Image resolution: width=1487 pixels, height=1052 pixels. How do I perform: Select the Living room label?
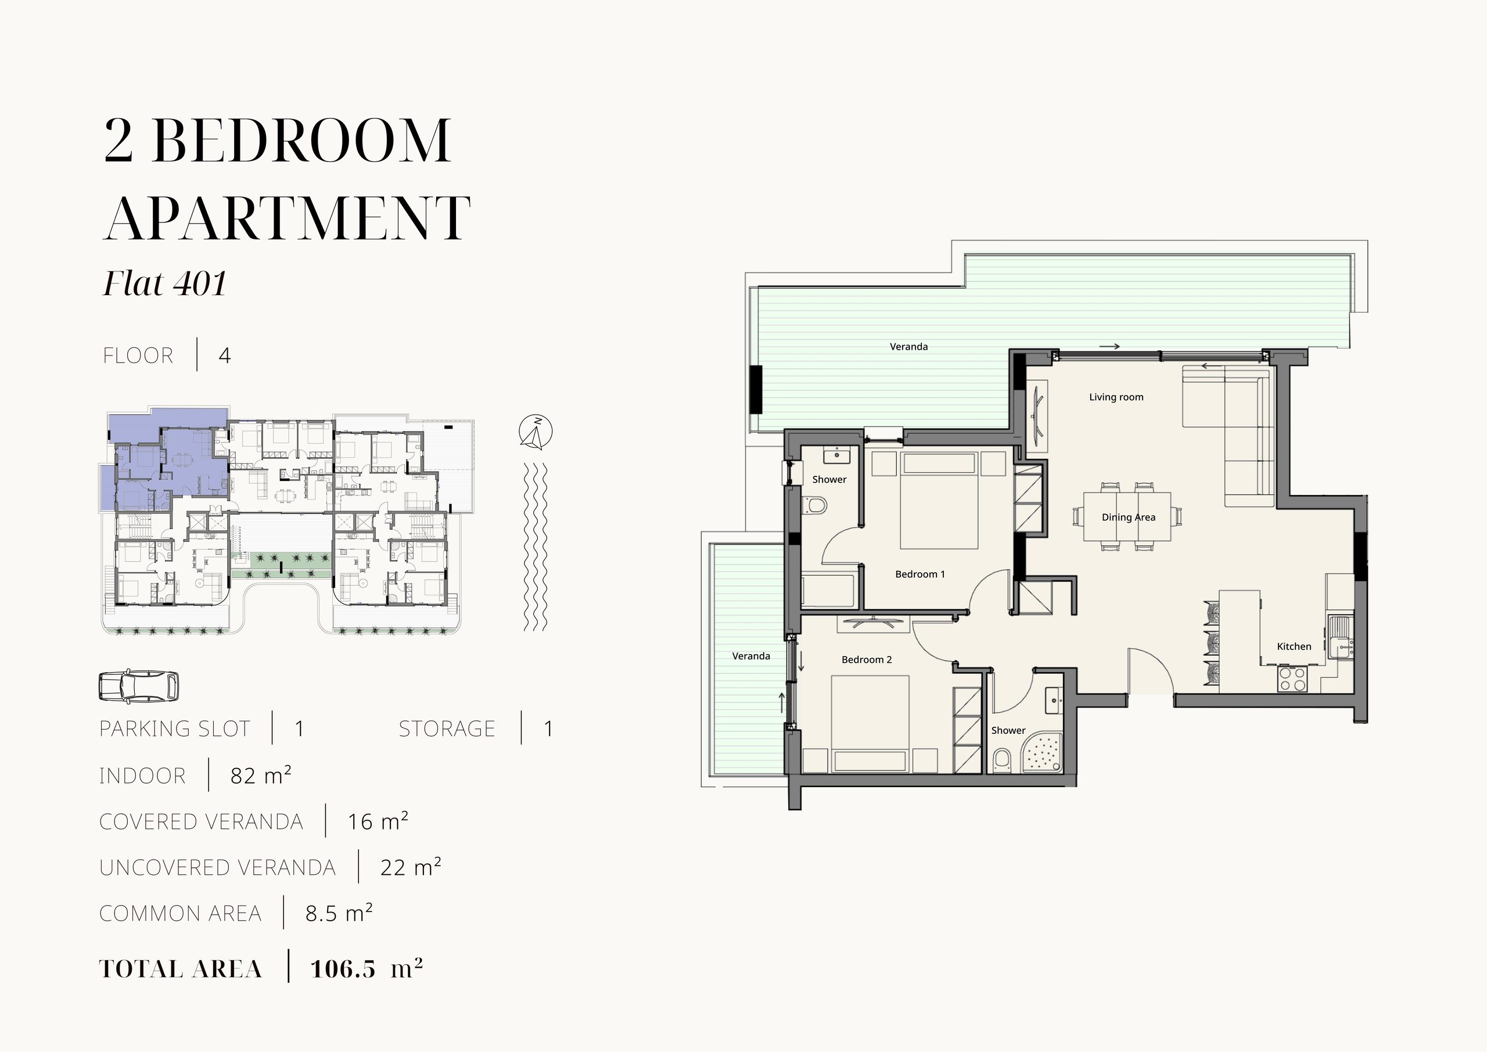pyautogui.click(x=1116, y=397)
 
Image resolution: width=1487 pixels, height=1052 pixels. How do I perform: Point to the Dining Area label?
pyautogui.click(x=1128, y=517)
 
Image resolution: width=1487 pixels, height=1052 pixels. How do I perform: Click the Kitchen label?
pyautogui.click(x=1294, y=646)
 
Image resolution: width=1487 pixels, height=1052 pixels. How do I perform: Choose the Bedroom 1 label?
pyautogui.click(x=920, y=574)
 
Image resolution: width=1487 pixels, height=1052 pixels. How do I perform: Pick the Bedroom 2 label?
pyautogui.click(x=867, y=659)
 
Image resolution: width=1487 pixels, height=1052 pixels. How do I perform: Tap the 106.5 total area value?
pyautogui.click(x=343, y=969)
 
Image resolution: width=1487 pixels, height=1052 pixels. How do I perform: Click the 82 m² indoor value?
pyautogui.click(x=261, y=775)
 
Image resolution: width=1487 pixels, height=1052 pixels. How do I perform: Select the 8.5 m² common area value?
pyautogui.click(x=339, y=913)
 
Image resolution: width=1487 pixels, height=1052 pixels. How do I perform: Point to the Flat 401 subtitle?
pyautogui.click(x=165, y=283)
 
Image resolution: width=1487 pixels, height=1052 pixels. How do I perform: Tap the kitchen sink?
pyautogui.click(x=1340, y=637)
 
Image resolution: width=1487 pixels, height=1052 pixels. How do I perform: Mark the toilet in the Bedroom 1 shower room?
pyautogui.click(x=814, y=505)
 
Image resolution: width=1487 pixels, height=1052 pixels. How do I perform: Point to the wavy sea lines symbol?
pyautogui.click(x=536, y=547)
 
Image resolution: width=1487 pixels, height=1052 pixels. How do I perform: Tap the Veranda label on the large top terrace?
pyautogui.click(x=908, y=347)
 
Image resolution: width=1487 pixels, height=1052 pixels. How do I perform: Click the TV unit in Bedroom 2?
pyautogui.click(x=873, y=624)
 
